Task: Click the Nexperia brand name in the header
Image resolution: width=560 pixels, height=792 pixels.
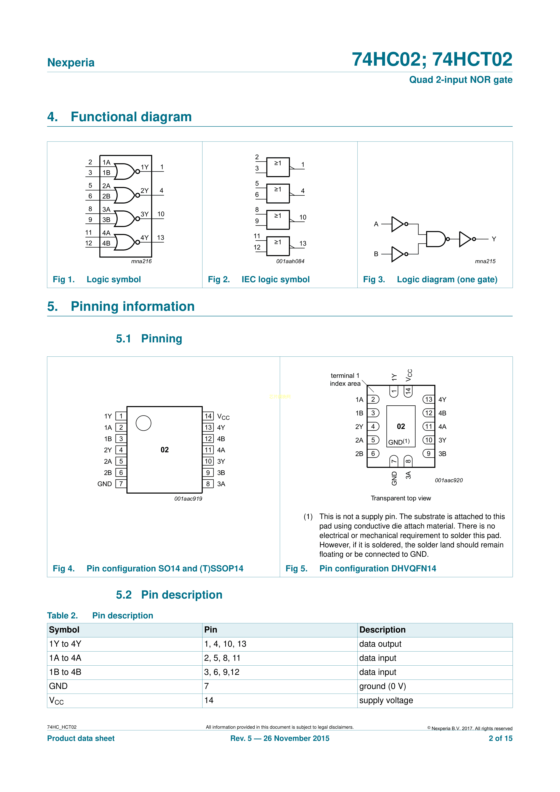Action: pyautogui.click(x=71, y=63)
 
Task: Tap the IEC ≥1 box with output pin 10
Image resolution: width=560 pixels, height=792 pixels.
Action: pyautogui.click(x=278, y=220)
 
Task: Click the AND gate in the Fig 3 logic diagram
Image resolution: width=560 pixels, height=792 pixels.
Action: pyautogui.click(x=435, y=239)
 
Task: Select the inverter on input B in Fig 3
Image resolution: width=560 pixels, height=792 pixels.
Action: pyautogui.click(x=398, y=254)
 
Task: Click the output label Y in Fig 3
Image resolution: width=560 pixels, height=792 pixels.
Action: pyautogui.click(x=494, y=239)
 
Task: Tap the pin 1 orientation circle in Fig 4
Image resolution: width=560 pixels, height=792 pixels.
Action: pyautogui.click(x=144, y=423)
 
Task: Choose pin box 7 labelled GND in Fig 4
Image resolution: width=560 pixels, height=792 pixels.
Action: pyautogui.click(x=121, y=484)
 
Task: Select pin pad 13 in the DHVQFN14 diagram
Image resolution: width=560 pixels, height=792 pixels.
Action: pyautogui.click(x=429, y=399)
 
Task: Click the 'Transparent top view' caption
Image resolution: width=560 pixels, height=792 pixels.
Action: pyautogui.click(x=401, y=498)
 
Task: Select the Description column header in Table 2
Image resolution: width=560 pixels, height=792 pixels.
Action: pyautogui.click(x=382, y=630)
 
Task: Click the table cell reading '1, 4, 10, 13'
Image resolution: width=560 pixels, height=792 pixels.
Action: pyautogui.click(x=225, y=644)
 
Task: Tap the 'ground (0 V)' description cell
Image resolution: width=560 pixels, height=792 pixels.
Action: pyautogui.click(x=382, y=686)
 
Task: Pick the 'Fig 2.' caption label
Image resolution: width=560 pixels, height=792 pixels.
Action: pyautogui.click(x=219, y=279)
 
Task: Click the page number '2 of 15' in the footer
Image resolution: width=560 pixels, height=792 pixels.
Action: pyautogui.click(x=500, y=738)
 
